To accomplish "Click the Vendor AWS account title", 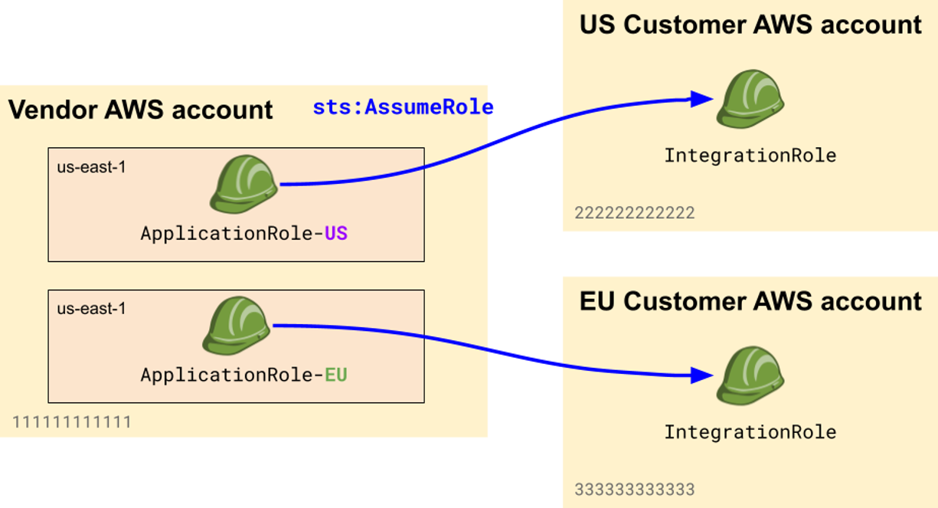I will tap(141, 110).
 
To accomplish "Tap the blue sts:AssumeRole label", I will tap(403, 107).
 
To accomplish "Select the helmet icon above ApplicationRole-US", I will tap(243, 185).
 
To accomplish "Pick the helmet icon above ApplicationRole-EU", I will tap(237, 326).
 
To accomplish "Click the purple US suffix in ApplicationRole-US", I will tap(336, 233).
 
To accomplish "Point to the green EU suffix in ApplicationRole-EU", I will tap(336, 375).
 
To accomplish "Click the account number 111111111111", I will tap(71, 422).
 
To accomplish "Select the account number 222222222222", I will tap(635, 213).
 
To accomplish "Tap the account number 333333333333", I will tap(635, 489).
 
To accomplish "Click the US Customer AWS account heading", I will tap(750, 25).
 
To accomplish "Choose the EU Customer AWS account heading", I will tap(750, 301).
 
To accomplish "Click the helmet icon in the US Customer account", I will tap(750, 99).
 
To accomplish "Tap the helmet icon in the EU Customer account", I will tap(750, 375).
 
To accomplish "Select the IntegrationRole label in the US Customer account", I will tap(750, 156).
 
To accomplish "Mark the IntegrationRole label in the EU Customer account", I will tap(750, 431).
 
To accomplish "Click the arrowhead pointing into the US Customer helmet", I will tap(701, 98).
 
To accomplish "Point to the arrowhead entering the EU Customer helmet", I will tap(701, 375).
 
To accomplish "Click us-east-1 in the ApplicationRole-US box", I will tap(91, 167).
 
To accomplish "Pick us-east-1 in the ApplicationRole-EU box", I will tap(91, 309).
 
